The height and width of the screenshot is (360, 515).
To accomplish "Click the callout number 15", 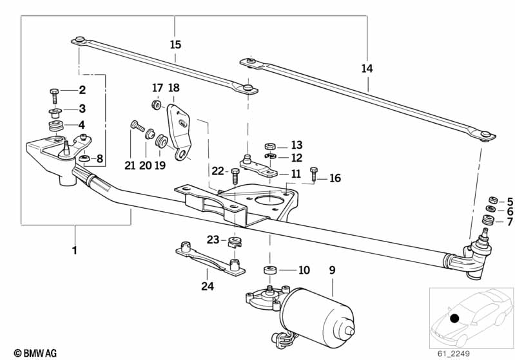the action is tap(175, 44).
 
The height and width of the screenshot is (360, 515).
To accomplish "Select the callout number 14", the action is tap(367, 69).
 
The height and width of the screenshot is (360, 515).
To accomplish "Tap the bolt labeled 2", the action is tap(55, 95).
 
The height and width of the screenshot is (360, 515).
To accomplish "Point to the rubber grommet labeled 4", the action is tap(55, 126).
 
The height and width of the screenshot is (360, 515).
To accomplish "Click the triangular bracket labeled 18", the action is tap(180, 131).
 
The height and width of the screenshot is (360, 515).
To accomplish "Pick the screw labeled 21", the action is tap(137, 126).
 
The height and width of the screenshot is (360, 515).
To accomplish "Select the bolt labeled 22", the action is tap(235, 176).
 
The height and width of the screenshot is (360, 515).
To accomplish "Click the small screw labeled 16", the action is tap(314, 174).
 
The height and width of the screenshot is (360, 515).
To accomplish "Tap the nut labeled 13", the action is tap(269, 146).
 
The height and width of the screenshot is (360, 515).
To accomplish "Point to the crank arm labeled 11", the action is tap(258, 166).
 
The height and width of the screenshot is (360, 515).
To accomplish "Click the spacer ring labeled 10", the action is tap(270, 270).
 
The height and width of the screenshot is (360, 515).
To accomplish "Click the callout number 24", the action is tap(208, 286).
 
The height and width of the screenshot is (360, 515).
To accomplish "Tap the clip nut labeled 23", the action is tap(235, 242).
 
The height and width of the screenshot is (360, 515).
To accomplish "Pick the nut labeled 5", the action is tap(492, 200).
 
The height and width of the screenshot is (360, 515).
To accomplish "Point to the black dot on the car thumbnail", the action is tap(454, 318).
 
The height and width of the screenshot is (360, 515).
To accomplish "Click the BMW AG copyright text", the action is tap(35, 353).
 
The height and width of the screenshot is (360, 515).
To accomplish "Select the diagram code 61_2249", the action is tap(454, 354).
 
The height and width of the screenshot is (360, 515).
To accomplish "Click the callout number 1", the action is tap(75, 251).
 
